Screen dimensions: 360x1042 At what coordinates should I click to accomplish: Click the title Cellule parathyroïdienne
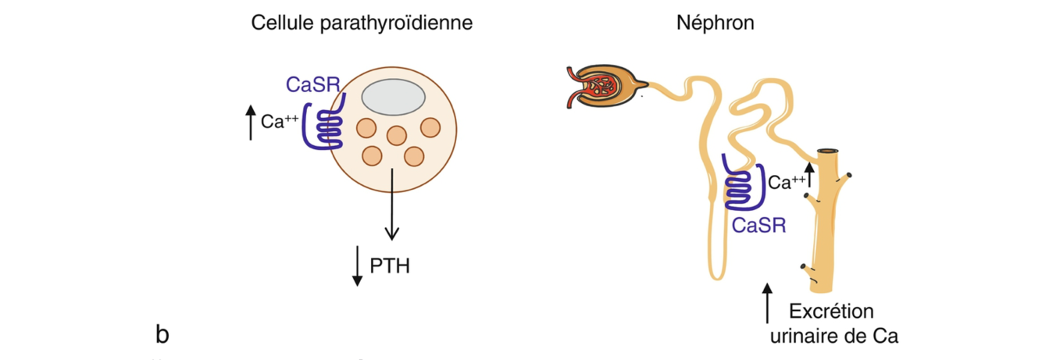coord(362,23)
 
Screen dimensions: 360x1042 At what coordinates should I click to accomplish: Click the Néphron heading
coord(715,23)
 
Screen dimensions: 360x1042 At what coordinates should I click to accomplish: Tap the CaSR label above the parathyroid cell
coord(313,84)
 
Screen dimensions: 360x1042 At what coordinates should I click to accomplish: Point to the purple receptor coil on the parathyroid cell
coord(323,126)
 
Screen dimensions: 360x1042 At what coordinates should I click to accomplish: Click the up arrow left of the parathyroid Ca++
coord(250,124)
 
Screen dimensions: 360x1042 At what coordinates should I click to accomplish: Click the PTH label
coord(390,266)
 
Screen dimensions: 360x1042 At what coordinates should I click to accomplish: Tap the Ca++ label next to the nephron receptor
coord(787,183)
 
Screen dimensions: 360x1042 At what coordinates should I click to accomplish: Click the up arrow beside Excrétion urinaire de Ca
coord(768,305)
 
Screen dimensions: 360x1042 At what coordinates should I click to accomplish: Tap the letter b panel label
coord(162,335)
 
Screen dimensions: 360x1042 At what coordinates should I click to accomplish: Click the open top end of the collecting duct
coord(830,151)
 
